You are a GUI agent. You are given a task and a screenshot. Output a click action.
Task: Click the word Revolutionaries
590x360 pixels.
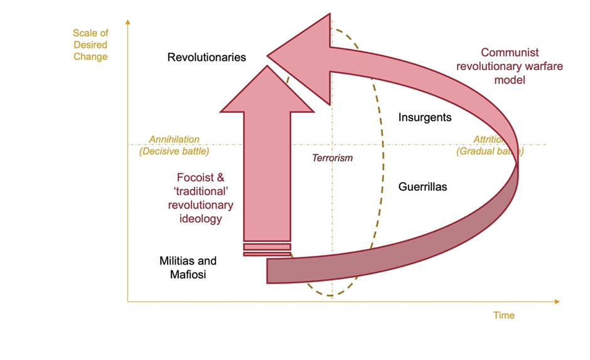tap(206, 58)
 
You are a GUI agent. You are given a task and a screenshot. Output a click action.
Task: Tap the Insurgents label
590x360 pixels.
tap(425, 117)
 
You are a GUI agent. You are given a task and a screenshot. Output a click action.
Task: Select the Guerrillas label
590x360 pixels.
tap(422, 187)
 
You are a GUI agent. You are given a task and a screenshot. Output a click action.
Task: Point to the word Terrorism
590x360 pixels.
tap(333, 158)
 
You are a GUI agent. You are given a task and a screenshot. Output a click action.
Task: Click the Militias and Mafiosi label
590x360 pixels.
tap(188, 268)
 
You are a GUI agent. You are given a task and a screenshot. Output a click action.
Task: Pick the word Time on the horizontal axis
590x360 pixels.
tap(503, 315)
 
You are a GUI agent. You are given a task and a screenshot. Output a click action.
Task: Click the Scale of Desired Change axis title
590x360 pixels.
tap(90, 45)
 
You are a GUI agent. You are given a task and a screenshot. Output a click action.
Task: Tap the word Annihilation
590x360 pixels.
tap(174, 139)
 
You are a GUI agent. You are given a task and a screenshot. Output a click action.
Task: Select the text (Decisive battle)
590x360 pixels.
tap(174, 151)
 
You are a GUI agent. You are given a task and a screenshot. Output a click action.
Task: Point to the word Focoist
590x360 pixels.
tap(197, 177)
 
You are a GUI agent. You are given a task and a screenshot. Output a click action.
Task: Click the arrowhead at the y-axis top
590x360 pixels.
tap(127, 23)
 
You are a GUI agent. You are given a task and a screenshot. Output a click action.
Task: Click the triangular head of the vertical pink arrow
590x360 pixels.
tap(267, 87)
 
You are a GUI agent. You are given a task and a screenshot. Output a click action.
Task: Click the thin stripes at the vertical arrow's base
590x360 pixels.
tap(267, 250)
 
